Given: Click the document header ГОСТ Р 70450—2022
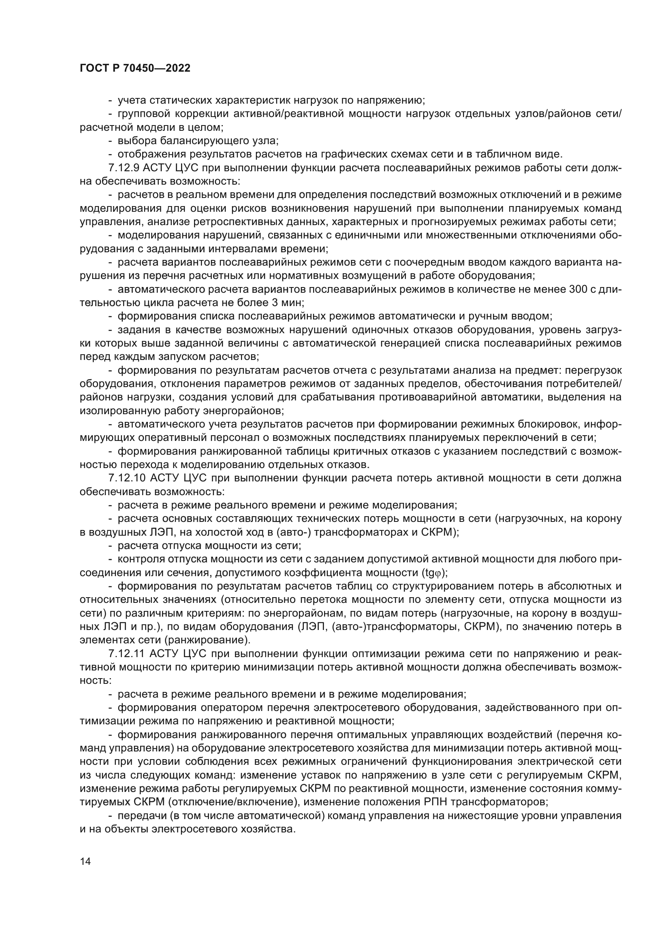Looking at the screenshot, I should [135, 68].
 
